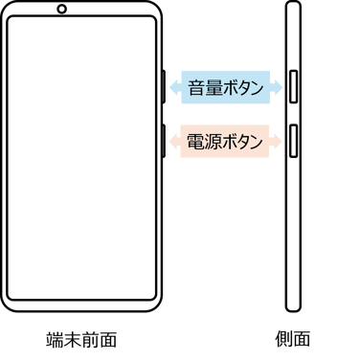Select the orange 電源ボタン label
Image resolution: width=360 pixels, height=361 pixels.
[226, 142]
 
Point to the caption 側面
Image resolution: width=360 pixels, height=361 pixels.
[293, 339]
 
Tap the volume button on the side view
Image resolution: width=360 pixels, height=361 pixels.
[293, 86]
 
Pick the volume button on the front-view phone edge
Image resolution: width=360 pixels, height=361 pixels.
[164, 86]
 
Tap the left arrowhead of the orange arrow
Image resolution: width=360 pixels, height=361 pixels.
[172, 142]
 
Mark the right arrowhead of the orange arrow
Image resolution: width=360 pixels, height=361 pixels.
[280, 142]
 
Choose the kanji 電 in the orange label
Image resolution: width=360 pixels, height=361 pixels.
[194, 142]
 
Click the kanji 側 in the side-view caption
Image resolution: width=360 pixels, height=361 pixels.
[284, 339]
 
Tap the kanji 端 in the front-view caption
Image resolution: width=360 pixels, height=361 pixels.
[55, 339]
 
